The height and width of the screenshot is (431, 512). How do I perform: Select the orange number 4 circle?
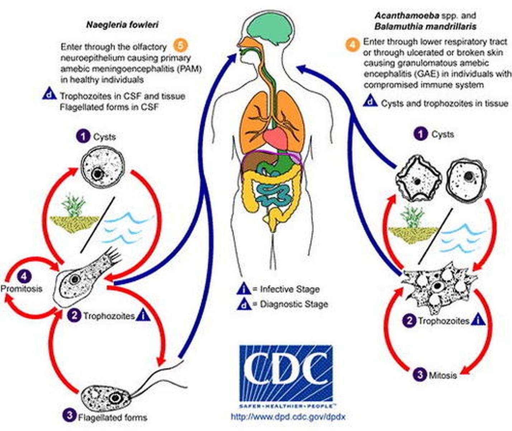[352, 45]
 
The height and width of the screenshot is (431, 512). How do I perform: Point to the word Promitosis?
[22, 288]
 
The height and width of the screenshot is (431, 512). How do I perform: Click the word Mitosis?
[443, 375]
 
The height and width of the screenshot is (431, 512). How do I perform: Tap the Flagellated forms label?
[113, 417]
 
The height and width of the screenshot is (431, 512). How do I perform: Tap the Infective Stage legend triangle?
[244, 289]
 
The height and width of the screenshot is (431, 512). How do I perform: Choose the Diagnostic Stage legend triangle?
[244, 305]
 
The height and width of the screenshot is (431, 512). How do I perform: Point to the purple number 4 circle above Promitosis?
[24, 277]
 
